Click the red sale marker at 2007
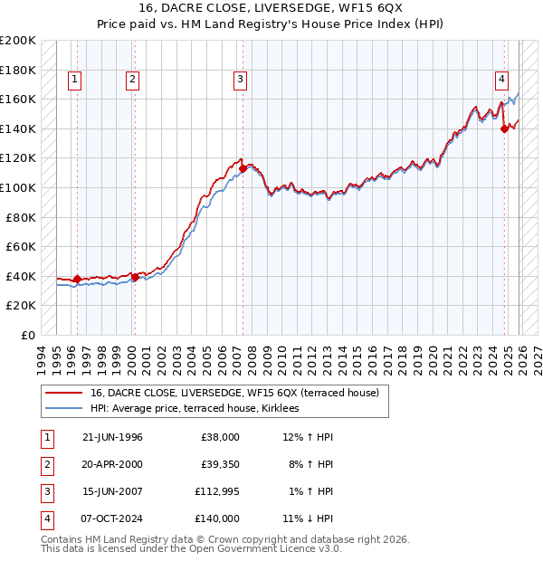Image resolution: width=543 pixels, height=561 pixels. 243,168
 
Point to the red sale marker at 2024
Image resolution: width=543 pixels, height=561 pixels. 504,128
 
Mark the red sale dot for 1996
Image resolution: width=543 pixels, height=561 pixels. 77,279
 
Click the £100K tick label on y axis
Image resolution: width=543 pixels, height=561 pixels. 18,187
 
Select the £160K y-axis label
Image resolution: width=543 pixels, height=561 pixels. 18,99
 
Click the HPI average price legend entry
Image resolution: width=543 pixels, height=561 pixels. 200,409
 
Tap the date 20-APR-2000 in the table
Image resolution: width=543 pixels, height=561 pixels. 112,464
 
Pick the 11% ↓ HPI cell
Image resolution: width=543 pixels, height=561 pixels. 308,518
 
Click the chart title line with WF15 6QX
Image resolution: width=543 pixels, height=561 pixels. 271,9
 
